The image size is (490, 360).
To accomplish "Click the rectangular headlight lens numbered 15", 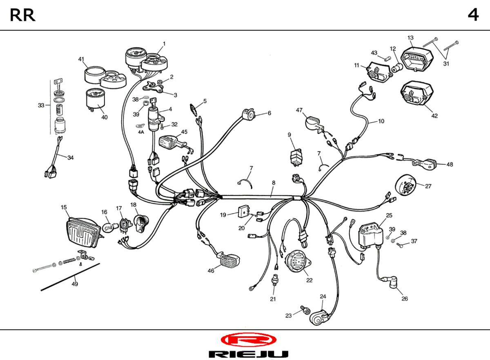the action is (x=83, y=233).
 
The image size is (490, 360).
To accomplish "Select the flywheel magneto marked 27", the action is (x=405, y=186).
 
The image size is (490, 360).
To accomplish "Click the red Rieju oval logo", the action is (x=249, y=340).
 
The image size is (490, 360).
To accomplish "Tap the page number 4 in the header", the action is (x=473, y=15).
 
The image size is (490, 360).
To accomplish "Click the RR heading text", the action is (x=22, y=15).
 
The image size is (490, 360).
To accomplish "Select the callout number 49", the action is (x=75, y=284).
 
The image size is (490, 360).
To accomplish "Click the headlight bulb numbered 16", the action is (x=108, y=228).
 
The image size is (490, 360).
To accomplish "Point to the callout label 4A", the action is (x=141, y=132).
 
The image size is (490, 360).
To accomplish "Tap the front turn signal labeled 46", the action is (x=229, y=260).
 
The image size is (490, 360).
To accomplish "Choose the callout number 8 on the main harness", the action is (x=274, y=183).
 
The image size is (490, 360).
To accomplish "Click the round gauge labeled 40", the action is (x=96, y=100).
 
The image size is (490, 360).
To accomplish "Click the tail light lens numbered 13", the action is (x=417, y=59).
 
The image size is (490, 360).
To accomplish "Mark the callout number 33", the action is (x=41, y=105).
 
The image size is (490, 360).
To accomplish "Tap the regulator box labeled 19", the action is (x=244, y=211).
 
